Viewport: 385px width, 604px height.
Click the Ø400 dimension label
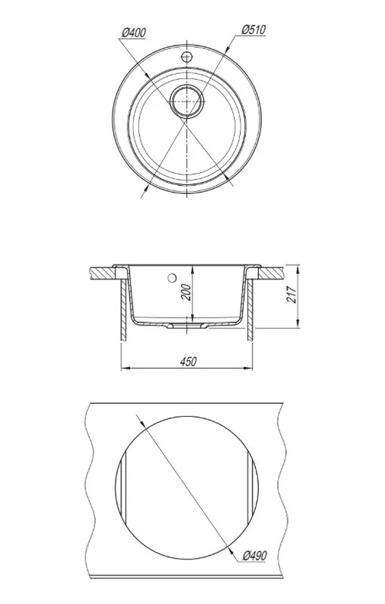click(x=134, y=33)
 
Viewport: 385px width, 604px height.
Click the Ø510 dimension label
click(x=254, y=30)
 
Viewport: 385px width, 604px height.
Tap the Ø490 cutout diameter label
click(x=254, y=556)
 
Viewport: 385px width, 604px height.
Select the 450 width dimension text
click(x=188, y=362)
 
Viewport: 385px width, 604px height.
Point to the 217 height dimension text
click(x=292, y=294)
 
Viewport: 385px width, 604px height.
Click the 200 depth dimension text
click(x=186, y=292)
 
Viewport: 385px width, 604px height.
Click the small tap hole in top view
click(x=186, y=57)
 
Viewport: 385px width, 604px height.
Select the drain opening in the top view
click(x=186, y=101)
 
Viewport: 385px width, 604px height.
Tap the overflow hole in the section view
click(x=171, y=277)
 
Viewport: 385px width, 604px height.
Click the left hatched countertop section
click(x=103, y=273)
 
